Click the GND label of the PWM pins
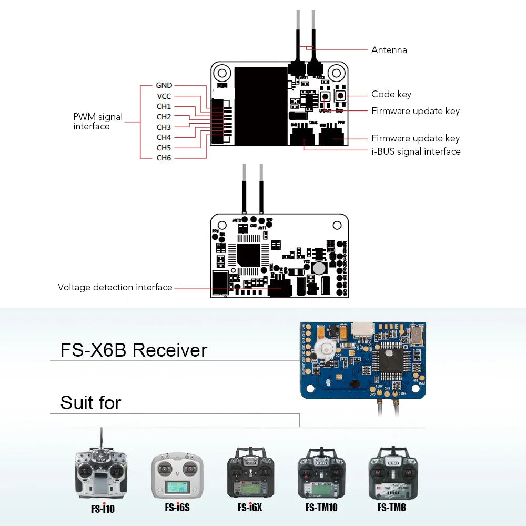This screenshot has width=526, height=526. [164, 85]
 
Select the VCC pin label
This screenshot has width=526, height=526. [164, 96]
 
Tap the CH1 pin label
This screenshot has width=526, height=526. [164, 106]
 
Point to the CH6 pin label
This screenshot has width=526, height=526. [164, 158]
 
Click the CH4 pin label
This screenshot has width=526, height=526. [164, 137]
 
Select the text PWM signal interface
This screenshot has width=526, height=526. [98, 122]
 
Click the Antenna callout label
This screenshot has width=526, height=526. [389, 50]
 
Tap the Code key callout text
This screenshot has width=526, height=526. [391, 94]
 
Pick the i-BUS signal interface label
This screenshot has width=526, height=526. [416, 151]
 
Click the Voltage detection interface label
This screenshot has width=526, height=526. [115, 287]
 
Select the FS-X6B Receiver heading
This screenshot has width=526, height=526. [134, 350]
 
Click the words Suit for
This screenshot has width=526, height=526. [90, 403]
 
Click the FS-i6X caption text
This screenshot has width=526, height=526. [249, 508]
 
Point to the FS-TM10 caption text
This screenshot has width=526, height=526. [321, 508]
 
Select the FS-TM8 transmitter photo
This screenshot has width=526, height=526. [393, 473]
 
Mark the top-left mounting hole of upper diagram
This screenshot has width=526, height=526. [222, 73]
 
